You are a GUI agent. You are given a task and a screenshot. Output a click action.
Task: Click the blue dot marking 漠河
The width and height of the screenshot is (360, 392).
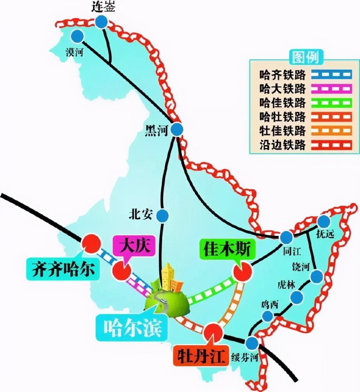click(78, 36)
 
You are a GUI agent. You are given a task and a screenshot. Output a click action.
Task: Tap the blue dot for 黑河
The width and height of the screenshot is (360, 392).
click(177, 129)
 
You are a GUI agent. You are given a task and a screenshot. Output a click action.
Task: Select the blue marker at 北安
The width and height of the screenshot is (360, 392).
click(162, 215)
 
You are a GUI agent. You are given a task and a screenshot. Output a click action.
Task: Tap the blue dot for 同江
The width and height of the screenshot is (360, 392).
click(287, 237)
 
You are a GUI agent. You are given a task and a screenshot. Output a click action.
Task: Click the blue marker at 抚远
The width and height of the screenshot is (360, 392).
click(324, 222)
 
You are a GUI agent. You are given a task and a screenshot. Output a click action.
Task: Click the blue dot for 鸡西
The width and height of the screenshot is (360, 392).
click(268, 316)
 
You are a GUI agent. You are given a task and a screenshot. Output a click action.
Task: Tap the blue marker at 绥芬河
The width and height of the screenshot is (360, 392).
click(252, 343)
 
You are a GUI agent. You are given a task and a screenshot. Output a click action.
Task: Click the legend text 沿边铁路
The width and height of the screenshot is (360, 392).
click(282, 145)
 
